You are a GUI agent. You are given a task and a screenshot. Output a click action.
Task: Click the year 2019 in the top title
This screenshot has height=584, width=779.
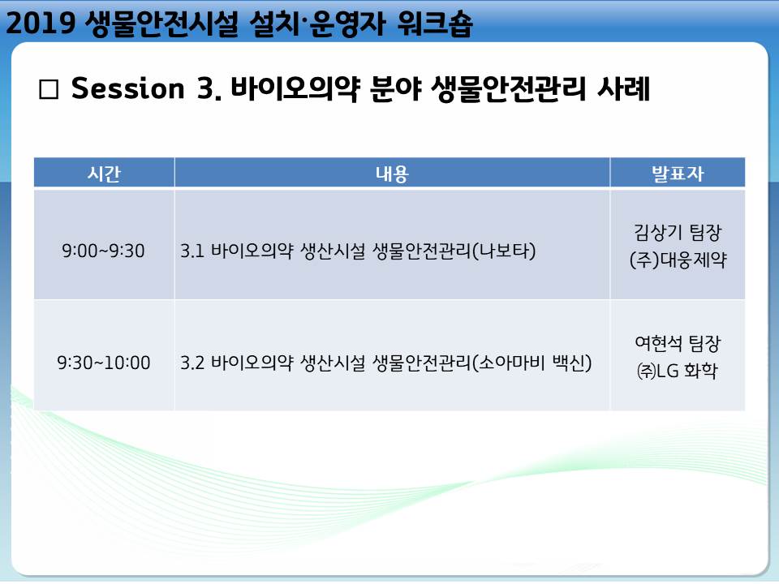pyautogui.click(x=41, y=23)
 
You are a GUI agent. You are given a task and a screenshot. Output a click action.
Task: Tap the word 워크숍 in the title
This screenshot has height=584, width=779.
pyautogui.click(x=435, y=24)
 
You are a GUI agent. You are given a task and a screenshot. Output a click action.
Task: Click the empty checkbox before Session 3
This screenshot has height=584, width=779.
pyautogui.click(x=49, y=90)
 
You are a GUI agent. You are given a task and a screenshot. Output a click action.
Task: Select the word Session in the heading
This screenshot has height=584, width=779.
pyautogui.click(x=127, y=88)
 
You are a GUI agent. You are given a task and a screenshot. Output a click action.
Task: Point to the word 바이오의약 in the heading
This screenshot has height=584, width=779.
pyautogui.click(x=295, y=89)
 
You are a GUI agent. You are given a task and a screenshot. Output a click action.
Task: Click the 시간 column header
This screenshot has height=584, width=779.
pyautogui.click(x=104, y=174)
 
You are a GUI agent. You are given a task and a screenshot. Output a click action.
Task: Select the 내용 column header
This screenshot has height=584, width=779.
pyautogui.click(x=392, y=174)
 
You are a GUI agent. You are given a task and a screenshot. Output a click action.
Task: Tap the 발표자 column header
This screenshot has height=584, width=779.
pyautogui.click(x=678, y=174)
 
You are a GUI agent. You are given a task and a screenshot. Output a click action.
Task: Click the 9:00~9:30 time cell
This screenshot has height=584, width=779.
pyautogui.click(x=103, y=251)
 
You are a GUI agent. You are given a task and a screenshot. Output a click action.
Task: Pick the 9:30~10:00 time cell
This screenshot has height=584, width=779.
pyautogui.click(x=103, y=363)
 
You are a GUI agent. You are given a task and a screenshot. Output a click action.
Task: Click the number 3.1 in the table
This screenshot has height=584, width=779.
pyautogui.click(x=192, y=251)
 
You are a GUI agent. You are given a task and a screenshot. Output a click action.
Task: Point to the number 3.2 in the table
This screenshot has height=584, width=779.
pyautogui.click(x=192, y=363)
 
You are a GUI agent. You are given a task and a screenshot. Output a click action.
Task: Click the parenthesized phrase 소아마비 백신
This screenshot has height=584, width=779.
pyautogui.click(x=532, y=363)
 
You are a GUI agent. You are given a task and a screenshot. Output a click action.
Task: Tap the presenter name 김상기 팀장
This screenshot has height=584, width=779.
pyautogui.click(x=678, y=232)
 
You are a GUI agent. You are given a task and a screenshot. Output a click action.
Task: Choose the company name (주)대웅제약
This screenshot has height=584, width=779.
pyautogui.click(x=678, y=260)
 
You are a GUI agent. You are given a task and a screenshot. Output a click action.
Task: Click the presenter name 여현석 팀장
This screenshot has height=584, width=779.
pyautogui.click(x=678, y=343)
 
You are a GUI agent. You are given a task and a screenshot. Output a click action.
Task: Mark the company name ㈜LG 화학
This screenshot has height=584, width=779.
pyautogui.click(x=678, y=371)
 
